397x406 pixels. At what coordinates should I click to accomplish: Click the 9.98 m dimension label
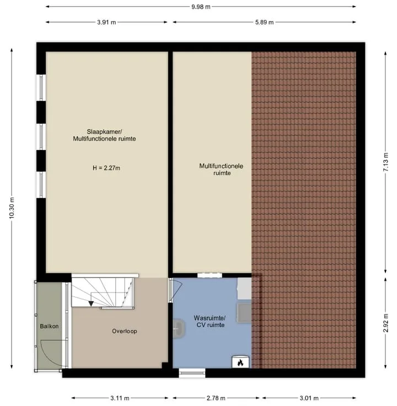point(201,7)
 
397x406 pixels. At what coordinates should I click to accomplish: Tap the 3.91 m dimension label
point(106,22)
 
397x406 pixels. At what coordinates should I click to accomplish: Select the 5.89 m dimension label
point(264,22)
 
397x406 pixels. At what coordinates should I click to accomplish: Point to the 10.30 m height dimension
point(12,207)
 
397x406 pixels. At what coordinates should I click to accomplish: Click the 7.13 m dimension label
point(385,162)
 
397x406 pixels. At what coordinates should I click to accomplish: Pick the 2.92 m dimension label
point(385,323)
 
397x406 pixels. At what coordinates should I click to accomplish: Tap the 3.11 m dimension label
point(120,398)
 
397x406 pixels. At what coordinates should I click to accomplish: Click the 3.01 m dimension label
point(309,398)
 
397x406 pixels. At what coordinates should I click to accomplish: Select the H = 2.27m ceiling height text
point(106,168)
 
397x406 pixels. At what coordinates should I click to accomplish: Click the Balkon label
point(49,326)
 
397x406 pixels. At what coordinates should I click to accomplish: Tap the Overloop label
point(125,331)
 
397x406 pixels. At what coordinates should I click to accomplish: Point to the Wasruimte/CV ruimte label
point(210,322)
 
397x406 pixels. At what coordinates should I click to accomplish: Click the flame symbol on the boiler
point(240,363)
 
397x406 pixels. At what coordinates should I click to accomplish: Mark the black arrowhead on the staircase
point(91,303)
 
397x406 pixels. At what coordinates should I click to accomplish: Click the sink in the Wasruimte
point(179,329)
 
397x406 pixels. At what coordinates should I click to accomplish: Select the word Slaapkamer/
point(104,132)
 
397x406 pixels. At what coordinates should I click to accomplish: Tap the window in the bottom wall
point(192,373)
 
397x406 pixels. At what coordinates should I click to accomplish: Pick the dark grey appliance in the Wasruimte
point(245,313)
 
